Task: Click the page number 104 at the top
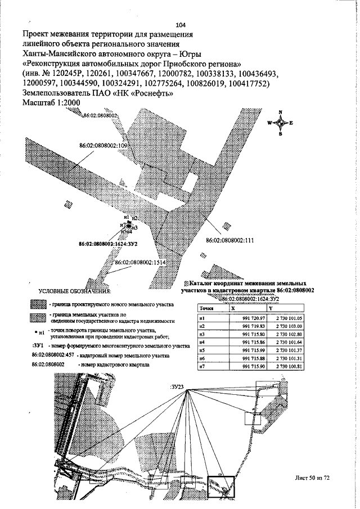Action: tap(181, 25)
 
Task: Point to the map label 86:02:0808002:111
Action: tap(231, 240)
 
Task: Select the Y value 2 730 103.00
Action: tap(285, 326)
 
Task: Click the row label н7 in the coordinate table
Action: tap(201, 367)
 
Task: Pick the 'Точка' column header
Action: tap(206, 309)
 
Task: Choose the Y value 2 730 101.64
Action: tap(285, 343)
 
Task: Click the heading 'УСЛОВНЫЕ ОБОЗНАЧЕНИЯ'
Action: tap(74, 292)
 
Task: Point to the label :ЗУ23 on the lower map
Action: tap(177, 388)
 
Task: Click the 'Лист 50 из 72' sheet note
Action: tap(311, 478)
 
